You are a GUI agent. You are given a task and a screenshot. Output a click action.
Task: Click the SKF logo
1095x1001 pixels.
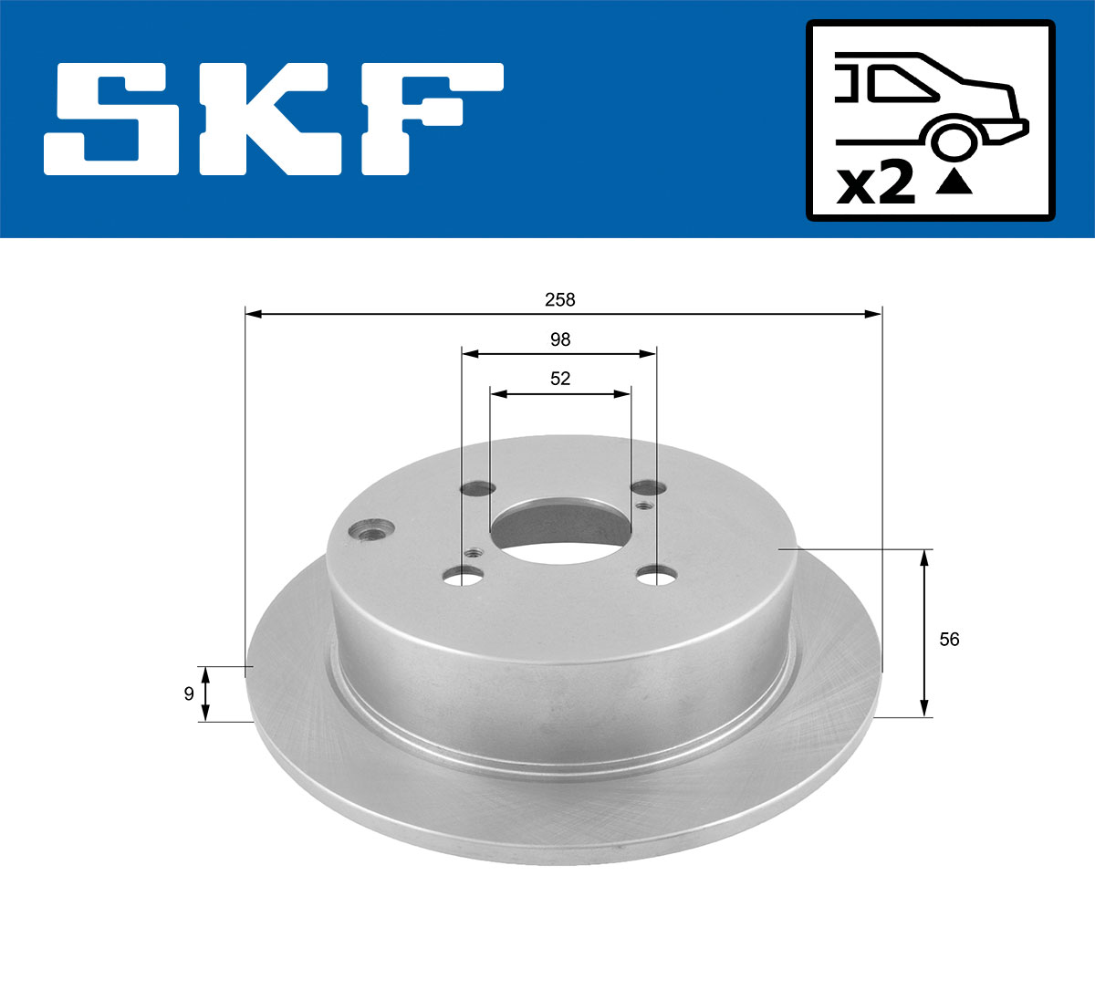pyautogui.click(x=274, y=119)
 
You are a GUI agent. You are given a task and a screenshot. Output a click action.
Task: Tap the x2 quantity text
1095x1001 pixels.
pyautogui.click(x=876, y=185)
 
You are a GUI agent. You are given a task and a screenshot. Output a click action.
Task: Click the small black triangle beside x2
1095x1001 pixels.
pyautogui.click(x=954, y=183)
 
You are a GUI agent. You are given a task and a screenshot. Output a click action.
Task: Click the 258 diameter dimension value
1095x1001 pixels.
pyautogui.click(x=559, y=299)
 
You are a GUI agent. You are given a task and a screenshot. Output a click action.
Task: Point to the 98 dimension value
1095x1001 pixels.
pyautogui.click(x=559, y=339)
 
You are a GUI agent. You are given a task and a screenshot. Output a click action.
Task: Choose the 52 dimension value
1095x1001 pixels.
pyautogui.click(x=559, y=379)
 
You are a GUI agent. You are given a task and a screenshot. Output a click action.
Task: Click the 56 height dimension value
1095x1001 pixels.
pyautogui.click(x=949, y=640)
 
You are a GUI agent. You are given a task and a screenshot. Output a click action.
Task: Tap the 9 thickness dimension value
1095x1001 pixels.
pyautogui.click(x=189, y=694)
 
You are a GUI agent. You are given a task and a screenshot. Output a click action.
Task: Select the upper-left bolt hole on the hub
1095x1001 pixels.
pyautogui.click(x=477, y=489)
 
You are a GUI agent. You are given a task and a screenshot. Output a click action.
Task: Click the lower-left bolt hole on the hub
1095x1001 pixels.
pyautogui.click(x=463, y=576)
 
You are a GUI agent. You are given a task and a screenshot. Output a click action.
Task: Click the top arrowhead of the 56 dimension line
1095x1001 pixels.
pyautogui.click(x=924, y=558)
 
